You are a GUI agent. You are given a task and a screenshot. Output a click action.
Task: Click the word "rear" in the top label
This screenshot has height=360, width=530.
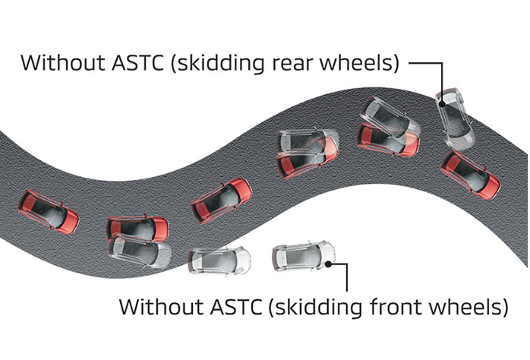293,63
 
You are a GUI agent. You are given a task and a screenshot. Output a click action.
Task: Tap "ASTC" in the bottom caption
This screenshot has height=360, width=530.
236,307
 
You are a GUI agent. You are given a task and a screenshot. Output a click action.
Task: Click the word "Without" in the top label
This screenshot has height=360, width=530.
62,62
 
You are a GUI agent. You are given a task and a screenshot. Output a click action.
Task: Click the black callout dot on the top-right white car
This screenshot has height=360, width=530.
442,104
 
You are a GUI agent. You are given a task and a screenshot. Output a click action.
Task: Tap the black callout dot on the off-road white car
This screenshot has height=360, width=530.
328,264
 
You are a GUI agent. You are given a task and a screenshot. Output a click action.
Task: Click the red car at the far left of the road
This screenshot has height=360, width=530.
49,213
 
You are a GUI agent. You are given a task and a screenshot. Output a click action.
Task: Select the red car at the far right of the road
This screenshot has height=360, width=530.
471,175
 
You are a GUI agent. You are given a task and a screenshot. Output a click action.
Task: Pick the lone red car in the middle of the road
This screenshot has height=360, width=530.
222,201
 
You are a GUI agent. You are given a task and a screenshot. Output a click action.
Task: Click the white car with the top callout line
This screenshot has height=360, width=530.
455,117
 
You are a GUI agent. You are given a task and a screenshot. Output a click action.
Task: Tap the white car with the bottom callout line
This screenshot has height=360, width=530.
304,256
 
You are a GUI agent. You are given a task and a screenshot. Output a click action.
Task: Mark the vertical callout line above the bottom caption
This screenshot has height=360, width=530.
347,277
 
